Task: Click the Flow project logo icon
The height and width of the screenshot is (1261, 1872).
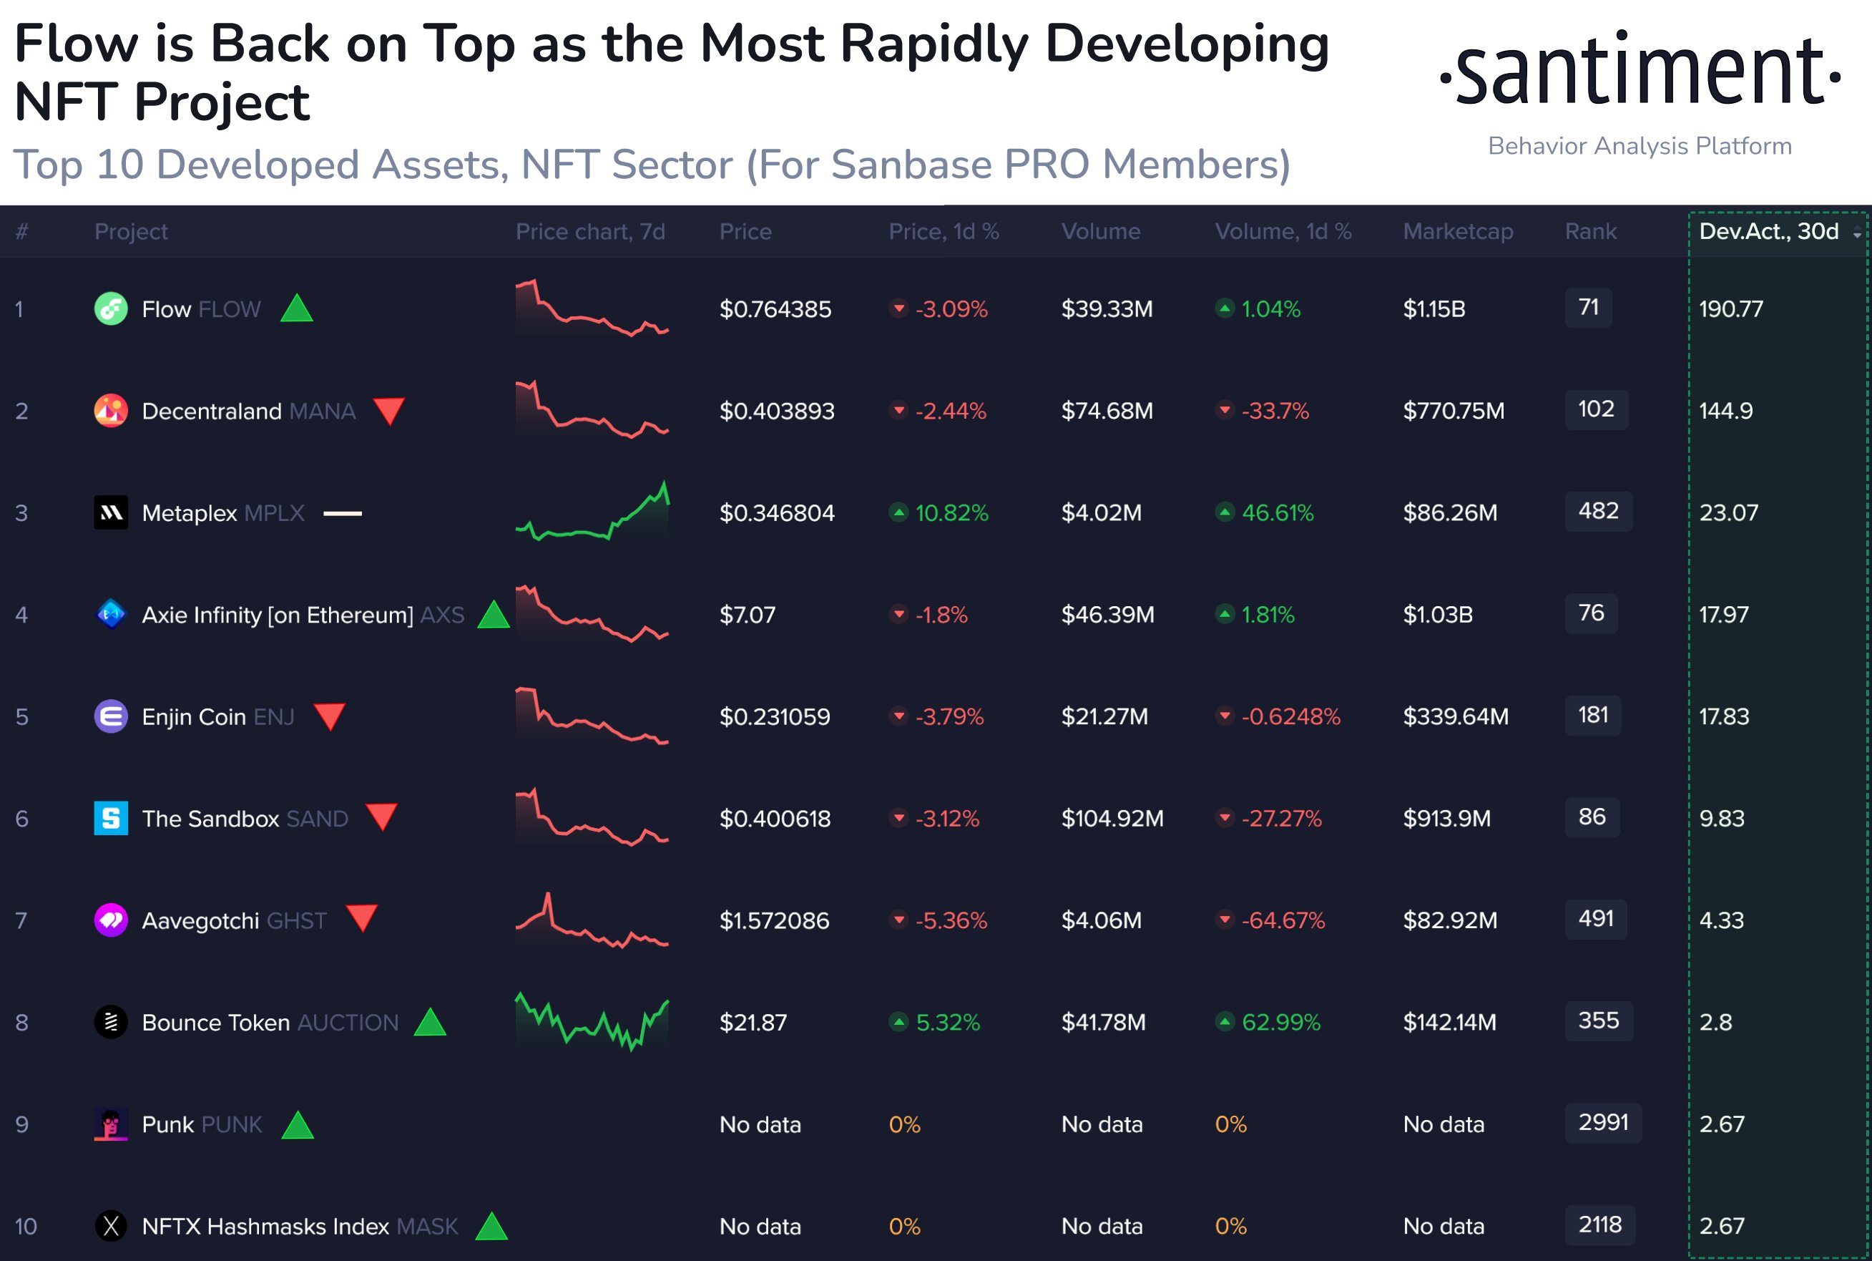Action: click(111, 309)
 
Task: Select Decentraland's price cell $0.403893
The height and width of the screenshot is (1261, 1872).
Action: click(776, 411)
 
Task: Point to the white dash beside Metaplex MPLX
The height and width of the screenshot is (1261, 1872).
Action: click(343, 513)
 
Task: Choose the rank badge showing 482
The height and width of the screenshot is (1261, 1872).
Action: click(1598, 512)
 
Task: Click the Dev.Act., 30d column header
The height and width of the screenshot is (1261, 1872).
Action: click(1769, 232)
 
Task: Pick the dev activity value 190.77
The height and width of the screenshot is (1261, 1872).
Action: click(1730, 309)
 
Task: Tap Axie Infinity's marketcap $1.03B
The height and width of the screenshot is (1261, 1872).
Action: click(1438, 615)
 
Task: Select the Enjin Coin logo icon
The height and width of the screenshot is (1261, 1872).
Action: click(111, 716)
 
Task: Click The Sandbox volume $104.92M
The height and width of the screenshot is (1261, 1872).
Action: click(1112, 819)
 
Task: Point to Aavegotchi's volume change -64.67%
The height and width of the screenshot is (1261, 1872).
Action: click(1283, 921)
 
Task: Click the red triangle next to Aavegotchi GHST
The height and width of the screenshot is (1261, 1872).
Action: click(362, 917)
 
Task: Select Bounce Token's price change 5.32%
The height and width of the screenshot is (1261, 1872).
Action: click(947, 1023)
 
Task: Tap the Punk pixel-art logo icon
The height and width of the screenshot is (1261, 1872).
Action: click(111, 1124)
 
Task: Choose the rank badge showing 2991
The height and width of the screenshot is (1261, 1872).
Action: click(1603, 1123)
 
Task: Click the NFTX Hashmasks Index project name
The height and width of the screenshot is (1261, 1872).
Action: click(265, 1227)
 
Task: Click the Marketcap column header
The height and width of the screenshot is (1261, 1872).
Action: click(1457, 232)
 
